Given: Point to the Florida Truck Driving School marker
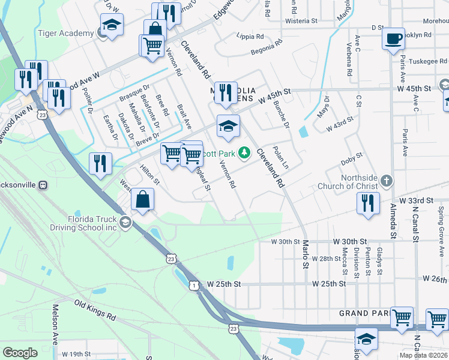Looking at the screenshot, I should tap(125, 223).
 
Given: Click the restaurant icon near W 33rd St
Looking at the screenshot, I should tap(369, 202).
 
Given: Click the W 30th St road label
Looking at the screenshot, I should tap(285, 241).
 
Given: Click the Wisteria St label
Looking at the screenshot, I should tap(301, 21).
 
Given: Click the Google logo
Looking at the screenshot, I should tap(20, 353).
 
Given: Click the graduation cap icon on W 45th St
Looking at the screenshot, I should tap(228, 126).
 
